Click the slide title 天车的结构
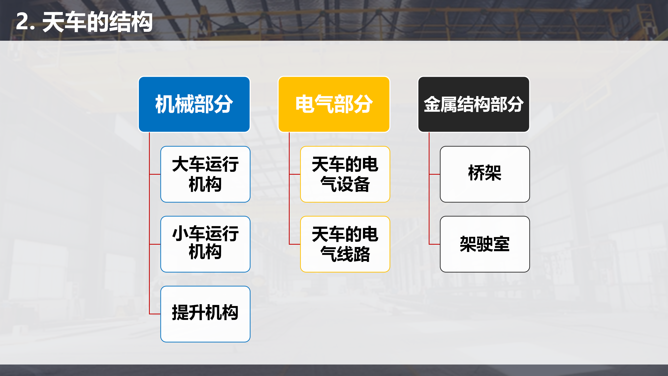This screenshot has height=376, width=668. (97, 22)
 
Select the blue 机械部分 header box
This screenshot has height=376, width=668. (194, 104)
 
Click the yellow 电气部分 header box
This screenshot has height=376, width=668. (334, 104)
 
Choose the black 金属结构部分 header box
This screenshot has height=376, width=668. (474, 104)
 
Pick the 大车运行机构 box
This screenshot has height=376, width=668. (205, 174)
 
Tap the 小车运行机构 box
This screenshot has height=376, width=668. (205, 244)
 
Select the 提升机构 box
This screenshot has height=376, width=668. (205, 314)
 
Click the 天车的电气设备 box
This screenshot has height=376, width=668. (345, 174)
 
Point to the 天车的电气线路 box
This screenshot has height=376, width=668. (345, 244)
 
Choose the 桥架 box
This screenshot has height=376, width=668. (485, 174)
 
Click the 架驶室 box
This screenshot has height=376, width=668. (485, 244)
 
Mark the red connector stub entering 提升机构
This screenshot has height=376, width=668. (155, 314)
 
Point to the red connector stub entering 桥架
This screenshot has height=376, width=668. (435, 174)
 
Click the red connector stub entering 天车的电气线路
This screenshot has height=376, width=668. (295, 244)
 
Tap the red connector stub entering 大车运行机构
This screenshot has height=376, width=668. (155, 174)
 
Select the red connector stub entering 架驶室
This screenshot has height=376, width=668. (435, 244)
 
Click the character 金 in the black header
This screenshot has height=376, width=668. (432, 104)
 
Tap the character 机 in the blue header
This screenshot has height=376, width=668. (165, 104)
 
